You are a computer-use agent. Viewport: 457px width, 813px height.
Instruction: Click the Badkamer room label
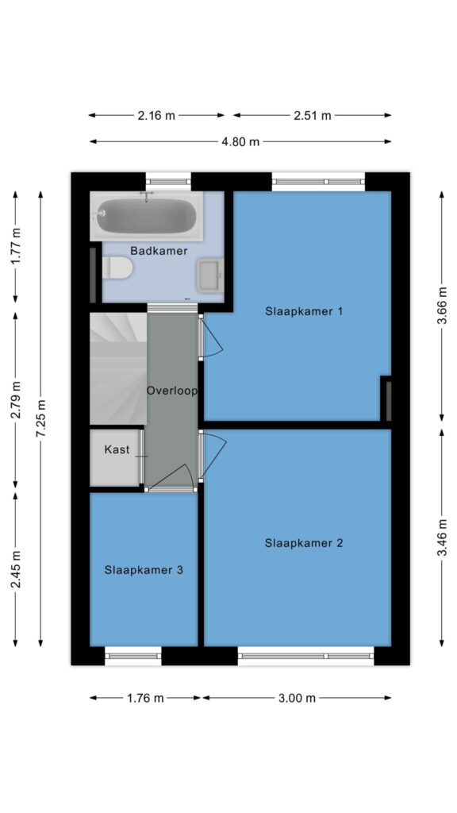tap(159, 251)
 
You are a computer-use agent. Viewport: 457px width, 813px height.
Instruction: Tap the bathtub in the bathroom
tap(146, 216)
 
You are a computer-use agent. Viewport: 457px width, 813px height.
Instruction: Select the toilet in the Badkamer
tap(117, 268)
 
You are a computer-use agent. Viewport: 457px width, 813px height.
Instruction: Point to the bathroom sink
tap(209, 274)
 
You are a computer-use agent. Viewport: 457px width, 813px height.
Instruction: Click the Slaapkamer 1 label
tap(304, 311)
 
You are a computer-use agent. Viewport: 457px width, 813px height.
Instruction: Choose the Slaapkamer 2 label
tap(304, 543)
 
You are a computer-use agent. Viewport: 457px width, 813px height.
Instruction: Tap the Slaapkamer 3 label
tap(144, 570)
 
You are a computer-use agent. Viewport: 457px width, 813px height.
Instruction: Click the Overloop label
tap(171, 391)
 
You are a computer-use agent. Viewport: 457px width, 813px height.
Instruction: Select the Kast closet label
tap(117, 449)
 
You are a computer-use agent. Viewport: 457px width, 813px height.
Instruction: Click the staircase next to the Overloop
tap(118, 368)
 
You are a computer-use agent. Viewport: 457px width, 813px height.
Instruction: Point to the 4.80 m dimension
tap(240, 141)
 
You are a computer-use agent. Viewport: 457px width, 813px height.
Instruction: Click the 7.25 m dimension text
tap(41, 418)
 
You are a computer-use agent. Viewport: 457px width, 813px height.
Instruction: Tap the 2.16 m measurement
tap(156, 116)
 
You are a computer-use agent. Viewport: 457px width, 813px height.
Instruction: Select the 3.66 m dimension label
tap(442, 306)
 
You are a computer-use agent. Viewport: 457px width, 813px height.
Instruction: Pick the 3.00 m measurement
tap(297, 698)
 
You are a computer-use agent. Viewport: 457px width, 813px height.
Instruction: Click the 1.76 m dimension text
tap(145, 698)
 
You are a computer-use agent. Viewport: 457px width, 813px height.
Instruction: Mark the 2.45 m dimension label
tap(16, 568)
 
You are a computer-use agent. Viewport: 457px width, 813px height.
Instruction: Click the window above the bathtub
tap(168, 182)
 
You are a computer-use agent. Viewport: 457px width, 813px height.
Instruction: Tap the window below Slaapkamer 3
tap(133, 655)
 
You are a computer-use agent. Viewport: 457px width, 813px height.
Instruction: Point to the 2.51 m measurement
tap(313, 116)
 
